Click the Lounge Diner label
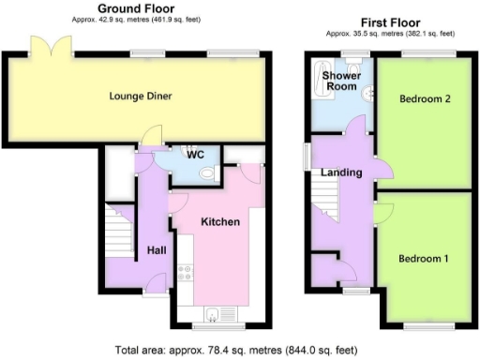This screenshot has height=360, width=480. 141,96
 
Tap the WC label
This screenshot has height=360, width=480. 195,154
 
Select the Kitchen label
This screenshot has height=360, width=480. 222,222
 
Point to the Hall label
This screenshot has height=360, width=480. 156,251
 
